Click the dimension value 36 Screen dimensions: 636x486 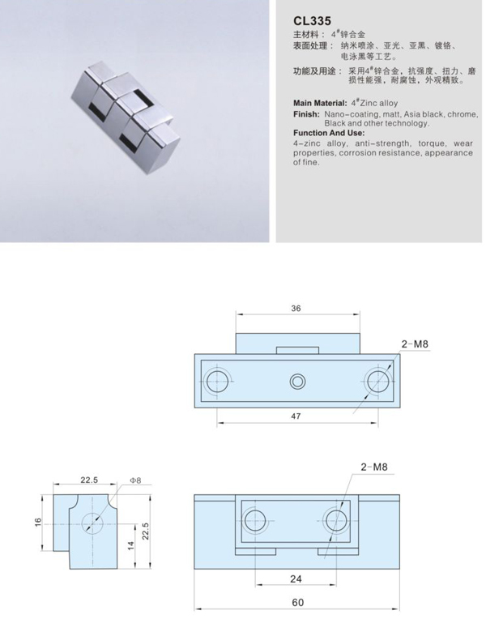point(296,308)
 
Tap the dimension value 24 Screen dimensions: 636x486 point(296,578)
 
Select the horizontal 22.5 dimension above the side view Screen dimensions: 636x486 point(89,480)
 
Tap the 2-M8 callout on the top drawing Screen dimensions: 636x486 point(415,344)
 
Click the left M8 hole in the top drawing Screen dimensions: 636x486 point(217,381)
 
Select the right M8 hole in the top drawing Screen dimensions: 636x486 point(376,381)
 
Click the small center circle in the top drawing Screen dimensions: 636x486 point(297,381)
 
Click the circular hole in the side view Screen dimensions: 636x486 point(94,523)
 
